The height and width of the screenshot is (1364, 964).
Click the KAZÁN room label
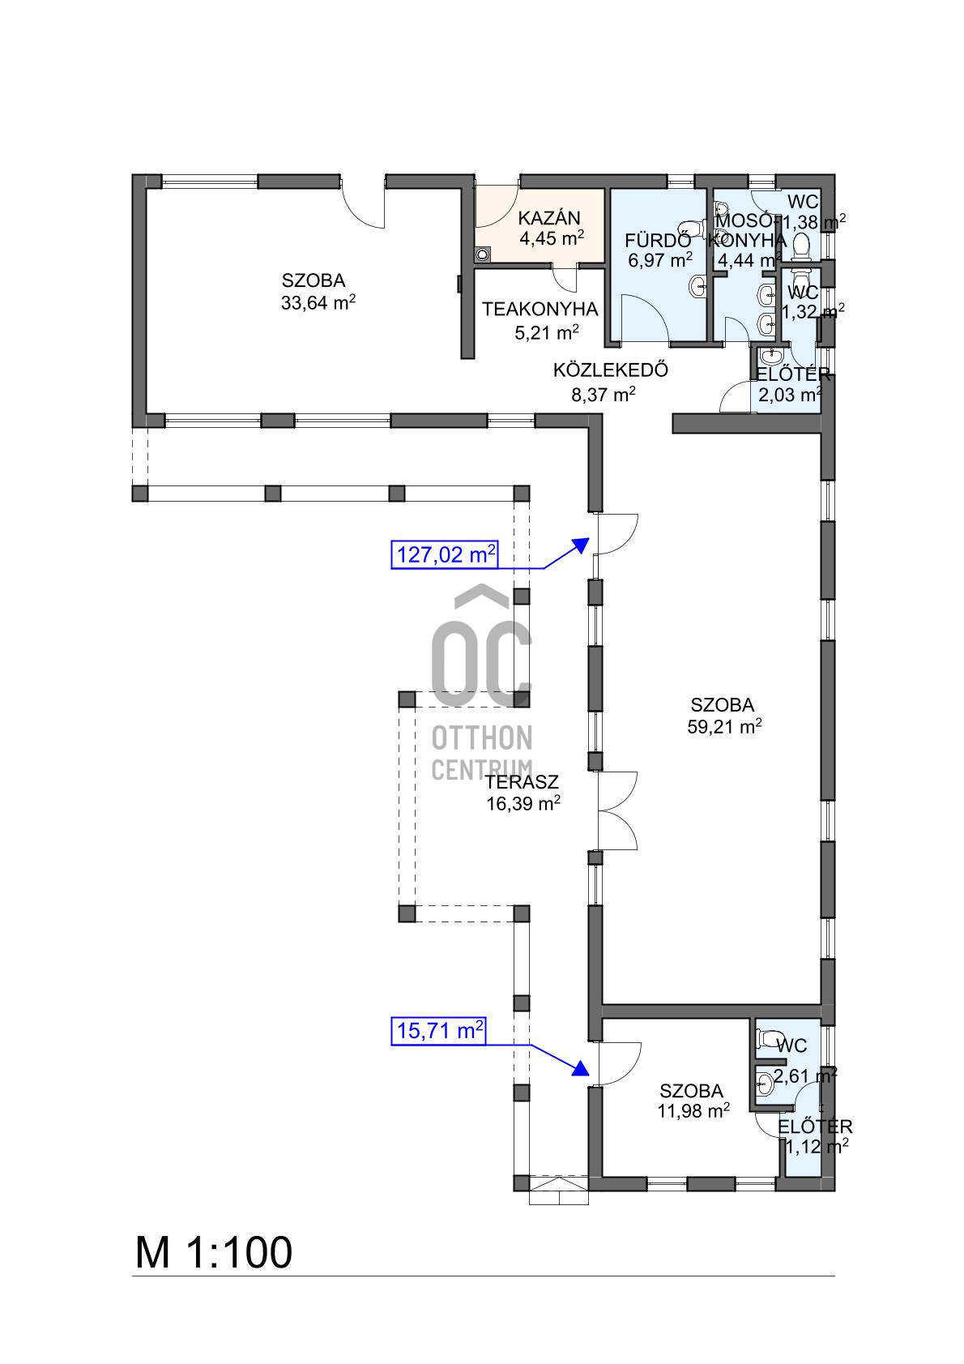[549, 217]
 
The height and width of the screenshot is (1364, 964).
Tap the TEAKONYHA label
[540, 310]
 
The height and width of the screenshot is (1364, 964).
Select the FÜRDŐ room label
[658, 240]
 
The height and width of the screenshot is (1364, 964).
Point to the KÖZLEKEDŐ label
[611, 370]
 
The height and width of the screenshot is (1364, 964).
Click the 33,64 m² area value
[318, 302]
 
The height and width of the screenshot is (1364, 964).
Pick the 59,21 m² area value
[725, 726]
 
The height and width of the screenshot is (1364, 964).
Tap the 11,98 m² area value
[693, 1110]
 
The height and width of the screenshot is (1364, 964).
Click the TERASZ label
[523, 782]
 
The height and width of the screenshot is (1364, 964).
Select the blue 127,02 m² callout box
[444, 554]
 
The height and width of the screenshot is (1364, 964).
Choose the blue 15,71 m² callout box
[438, 1030]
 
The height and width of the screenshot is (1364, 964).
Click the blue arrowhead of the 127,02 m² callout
[581, 545]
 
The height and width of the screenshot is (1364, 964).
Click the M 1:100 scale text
[214, 1253]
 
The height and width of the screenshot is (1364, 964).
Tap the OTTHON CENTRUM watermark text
[482, 753]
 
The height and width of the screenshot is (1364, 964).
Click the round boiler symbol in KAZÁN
[483, 254]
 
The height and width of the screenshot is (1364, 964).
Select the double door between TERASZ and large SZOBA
[617, 810]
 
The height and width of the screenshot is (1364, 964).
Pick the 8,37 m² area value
[604, 394]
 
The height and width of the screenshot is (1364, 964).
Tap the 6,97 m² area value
[660, 260]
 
